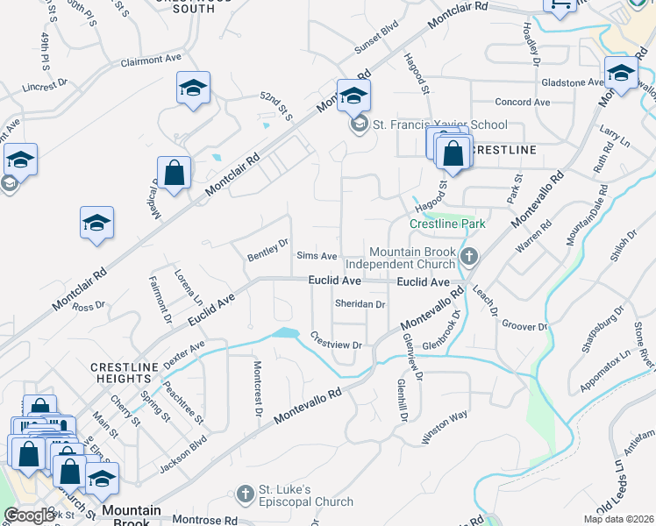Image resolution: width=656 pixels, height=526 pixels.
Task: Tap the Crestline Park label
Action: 447,224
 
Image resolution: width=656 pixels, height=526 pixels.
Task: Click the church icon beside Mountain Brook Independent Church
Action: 469,256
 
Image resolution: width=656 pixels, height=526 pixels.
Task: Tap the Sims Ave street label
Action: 317,256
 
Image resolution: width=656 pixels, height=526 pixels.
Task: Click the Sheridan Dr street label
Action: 360,303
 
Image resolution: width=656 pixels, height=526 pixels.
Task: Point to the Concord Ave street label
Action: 522,103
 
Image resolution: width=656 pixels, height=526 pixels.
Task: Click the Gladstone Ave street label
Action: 572,82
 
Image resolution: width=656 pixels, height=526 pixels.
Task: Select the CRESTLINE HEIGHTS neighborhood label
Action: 124,372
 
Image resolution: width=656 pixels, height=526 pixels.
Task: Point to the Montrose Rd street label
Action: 206,520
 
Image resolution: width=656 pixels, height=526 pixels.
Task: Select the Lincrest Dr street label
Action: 46,87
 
